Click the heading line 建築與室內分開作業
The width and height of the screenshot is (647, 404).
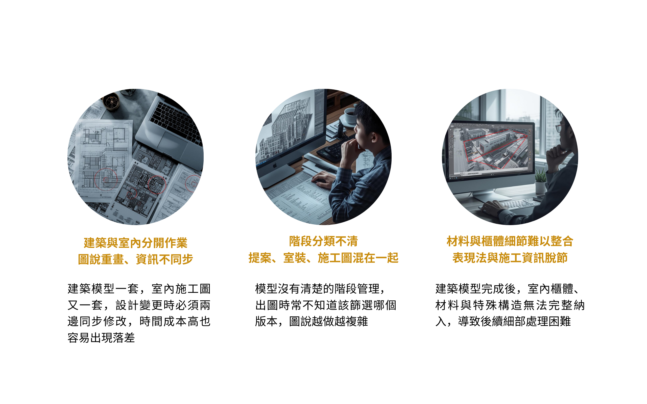pos(135,243)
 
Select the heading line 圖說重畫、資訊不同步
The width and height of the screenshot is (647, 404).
pos(135,259)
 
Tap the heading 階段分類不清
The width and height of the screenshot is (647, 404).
pos(323,241)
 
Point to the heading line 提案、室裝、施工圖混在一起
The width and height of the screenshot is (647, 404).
pos(323,258)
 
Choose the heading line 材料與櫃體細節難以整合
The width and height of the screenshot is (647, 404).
pos(510,241)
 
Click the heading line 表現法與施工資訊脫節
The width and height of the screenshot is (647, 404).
pos(510,258)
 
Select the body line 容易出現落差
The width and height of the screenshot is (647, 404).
pos(101,338)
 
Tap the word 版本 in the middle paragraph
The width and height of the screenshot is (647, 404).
pos(266,321)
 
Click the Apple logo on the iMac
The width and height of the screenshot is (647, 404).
pos(275,166)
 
